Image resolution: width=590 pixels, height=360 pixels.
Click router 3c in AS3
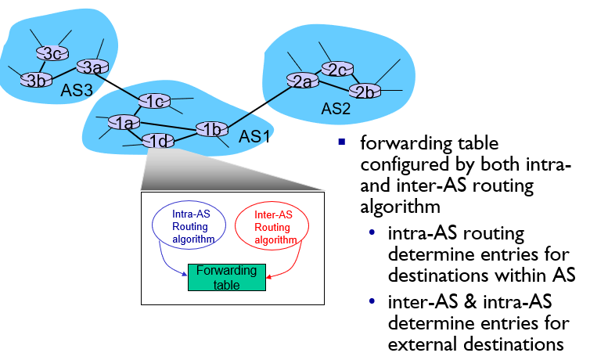click(52, 53)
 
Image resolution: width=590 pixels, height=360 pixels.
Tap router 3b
click(35, 80)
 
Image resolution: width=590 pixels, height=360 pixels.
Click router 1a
click(123, 123)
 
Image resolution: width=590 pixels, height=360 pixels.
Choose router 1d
click(157, 141)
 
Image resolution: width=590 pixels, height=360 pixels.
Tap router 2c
click(336, 69)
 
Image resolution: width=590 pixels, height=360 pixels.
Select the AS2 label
click(337, 108)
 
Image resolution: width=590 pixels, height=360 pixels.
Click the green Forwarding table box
click(226, 276)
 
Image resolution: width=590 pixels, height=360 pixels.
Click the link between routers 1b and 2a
click(254, 105)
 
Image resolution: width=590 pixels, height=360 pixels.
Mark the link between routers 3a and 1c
click(123, 84)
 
